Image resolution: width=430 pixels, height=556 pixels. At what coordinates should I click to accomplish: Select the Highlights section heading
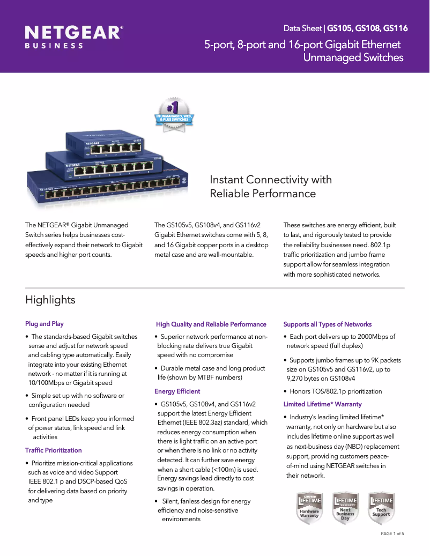tap(50, 300)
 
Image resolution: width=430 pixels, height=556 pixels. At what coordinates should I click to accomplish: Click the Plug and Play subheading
tap(45, 324)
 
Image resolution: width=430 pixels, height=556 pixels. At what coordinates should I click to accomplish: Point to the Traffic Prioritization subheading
tap(54, 450)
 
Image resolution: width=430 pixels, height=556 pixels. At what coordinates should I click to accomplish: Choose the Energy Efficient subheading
tap(177, 391)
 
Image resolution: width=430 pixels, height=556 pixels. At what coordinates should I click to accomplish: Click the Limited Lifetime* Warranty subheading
tap(322, 404)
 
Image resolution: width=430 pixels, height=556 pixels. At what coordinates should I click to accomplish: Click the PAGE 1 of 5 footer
tap(392, 534)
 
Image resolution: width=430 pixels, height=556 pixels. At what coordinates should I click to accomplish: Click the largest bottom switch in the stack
tap(107, 188)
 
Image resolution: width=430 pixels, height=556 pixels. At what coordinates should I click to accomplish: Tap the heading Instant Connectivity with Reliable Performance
tap(270, 186)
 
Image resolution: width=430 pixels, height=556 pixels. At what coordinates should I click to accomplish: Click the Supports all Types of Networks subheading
tap(327, 324)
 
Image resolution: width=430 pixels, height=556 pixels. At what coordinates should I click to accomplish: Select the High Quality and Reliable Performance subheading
tap(211, 324)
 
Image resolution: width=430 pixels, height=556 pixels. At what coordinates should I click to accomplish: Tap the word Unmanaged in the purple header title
tap(328, 57)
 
